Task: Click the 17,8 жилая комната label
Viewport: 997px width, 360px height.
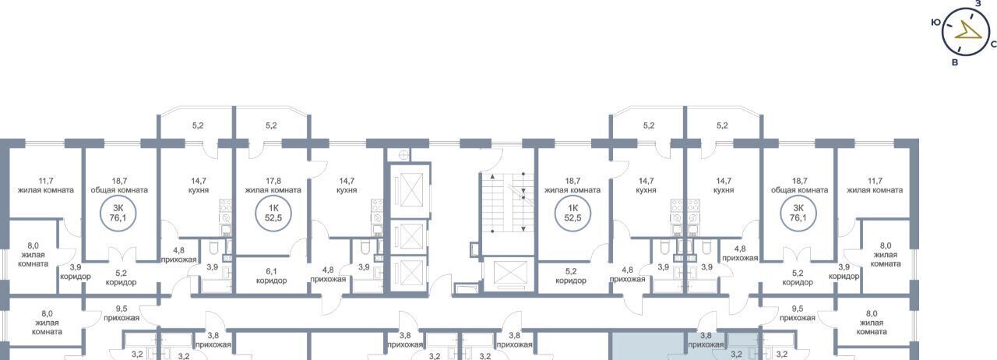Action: point(273,185)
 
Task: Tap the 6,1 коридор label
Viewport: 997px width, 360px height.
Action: point(271,276)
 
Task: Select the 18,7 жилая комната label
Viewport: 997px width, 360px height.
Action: point(572,185)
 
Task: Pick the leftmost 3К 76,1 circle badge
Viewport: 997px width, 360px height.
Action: point(118,213)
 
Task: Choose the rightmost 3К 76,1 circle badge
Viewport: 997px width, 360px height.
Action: point(798,213)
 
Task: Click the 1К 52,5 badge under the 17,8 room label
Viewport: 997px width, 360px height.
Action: point(273,213)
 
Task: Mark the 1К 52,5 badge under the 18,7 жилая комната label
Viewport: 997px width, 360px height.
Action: point(572,213)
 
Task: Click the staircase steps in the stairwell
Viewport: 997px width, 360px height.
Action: point(508,203)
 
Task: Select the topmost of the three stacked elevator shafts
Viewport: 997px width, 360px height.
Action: point(407,190)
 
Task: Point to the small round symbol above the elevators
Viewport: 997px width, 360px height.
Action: point(403,154)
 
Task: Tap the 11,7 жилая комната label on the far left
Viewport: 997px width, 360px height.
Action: point(45,185)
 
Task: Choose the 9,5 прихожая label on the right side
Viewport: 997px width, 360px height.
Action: point(797,313)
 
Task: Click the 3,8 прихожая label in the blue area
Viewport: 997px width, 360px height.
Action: point(706,340)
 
